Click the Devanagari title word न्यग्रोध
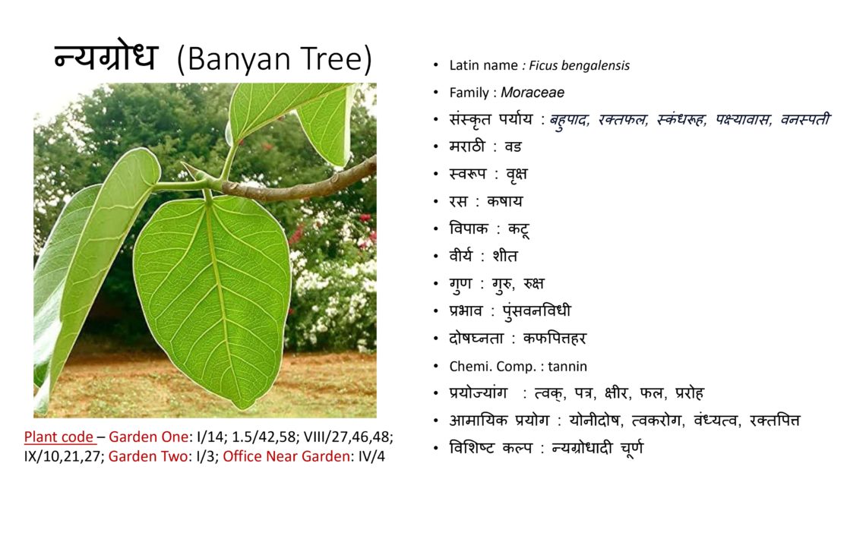(106, 57)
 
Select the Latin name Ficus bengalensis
(580, 65)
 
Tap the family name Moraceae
(533, 93)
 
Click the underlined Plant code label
(59, 437)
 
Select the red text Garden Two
(148, 457)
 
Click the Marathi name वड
(513, 147)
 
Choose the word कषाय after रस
(504, 201)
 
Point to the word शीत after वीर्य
(505, 256)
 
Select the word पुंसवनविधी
(537, 311)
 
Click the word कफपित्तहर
(555, 339)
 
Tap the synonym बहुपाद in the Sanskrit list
(570, 120)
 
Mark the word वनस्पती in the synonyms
(804, 119)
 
